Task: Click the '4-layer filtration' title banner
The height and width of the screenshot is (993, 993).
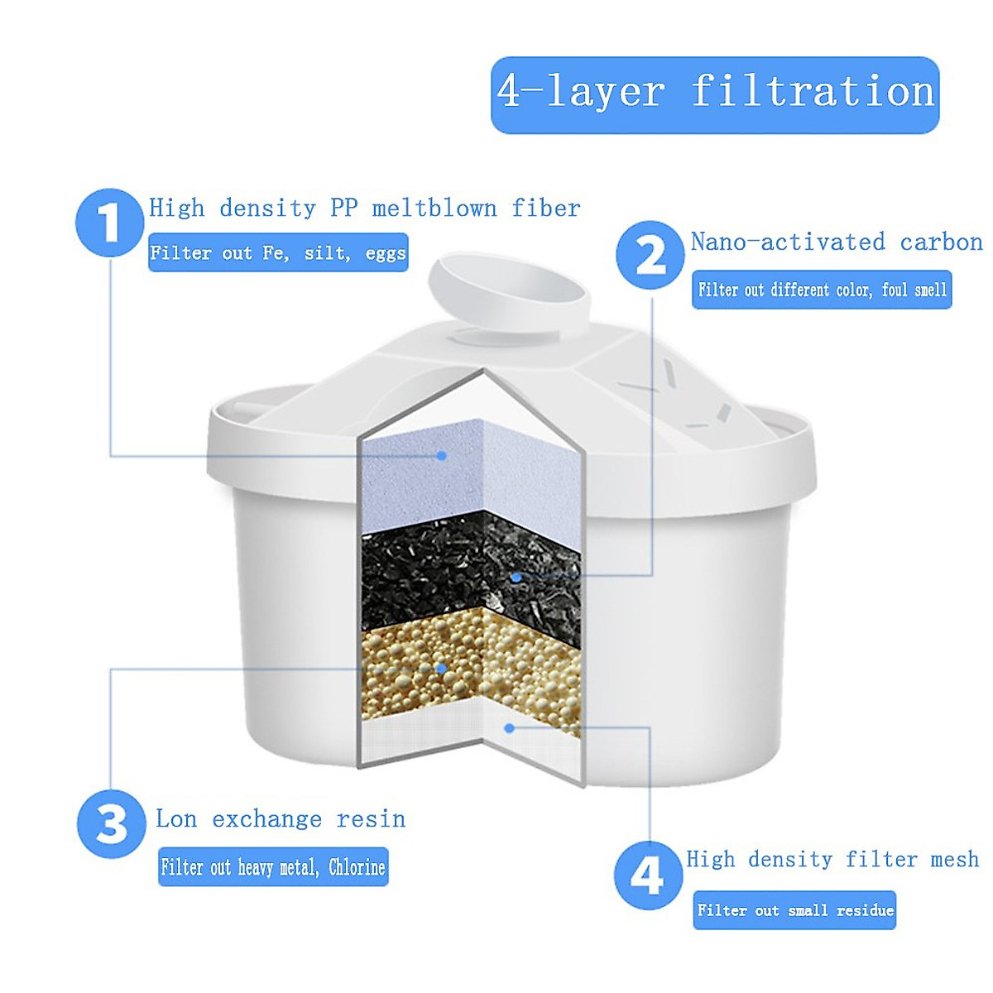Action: [x=715, y=94]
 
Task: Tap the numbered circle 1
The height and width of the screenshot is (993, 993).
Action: [x=110, y=222]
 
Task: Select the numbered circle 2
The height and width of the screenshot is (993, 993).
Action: [x=650, y=255]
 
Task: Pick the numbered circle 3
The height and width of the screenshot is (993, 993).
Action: [x=112, y=824]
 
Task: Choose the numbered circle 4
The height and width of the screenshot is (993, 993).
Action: [x=648, y=874]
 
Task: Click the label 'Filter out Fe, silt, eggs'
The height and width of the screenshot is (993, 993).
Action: [x=278, y=252]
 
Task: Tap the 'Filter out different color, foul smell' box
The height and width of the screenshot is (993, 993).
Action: [x=822, y=290]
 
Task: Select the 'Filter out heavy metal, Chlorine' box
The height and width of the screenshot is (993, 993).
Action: [x=273, y=867]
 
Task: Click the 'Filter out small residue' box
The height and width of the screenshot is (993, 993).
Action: [x=794, y=910]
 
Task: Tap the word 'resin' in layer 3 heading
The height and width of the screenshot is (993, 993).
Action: [x=371, y=818]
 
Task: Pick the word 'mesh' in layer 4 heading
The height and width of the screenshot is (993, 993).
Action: [x=954, y=859]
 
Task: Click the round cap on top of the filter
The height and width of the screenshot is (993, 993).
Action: [x=509, y=292]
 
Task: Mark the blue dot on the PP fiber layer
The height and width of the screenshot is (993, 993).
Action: [x=442, y=455]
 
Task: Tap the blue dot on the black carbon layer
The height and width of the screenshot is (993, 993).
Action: [x=516, y=577]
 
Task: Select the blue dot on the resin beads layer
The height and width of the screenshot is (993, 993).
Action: [x=442, y=668]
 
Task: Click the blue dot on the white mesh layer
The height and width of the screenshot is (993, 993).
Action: [x=510, y=727]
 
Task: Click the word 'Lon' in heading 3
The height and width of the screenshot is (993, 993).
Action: [x=176, y=818]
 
